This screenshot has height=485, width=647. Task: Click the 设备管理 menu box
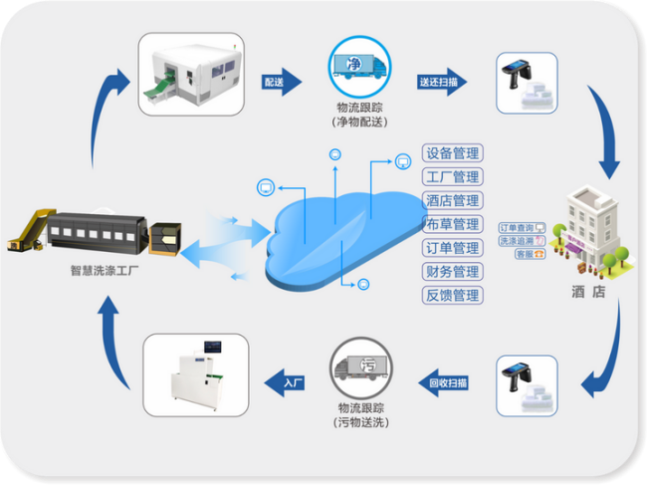coord(453,153)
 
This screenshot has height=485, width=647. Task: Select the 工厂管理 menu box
coord(453,177)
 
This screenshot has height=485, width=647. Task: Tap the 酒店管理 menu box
coord(453,200)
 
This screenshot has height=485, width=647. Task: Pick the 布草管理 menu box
coord(453,224)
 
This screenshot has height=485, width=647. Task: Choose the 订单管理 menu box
coord(453,248)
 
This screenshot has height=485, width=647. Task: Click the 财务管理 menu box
coord(453,271)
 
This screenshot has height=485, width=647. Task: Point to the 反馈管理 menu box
coord(453,295)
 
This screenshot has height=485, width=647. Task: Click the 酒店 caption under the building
coord(588,292)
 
